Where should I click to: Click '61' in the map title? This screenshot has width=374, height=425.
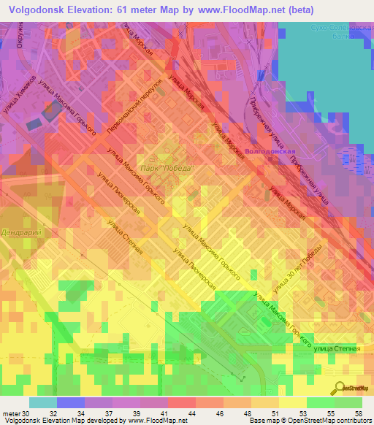click(x=126, y=9)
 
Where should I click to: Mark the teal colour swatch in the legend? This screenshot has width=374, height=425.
click(x=43, y=402)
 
